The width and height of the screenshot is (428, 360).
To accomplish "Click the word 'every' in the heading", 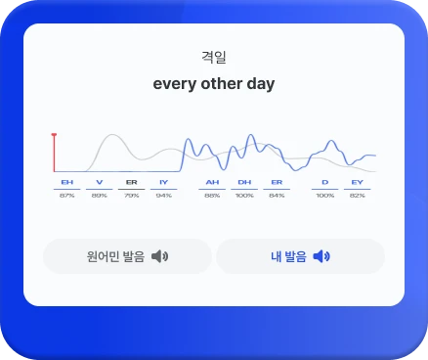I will [x=173, y=84].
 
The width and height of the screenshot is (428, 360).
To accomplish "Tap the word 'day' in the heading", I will [x=260, y=84].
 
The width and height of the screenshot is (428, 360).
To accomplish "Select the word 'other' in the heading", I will [x=219, y=84].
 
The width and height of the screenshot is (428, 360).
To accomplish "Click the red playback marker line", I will [x=54, y=153].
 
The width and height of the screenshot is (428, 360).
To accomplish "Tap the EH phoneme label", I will [x=66, y=183].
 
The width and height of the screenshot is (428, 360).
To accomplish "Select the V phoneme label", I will [x=99, y=183].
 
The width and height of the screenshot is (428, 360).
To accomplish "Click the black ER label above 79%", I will [x=131, y=183].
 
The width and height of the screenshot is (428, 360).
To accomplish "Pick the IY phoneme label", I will [x=163, y=183].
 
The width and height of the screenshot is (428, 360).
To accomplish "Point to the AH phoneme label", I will [x=212, y=183].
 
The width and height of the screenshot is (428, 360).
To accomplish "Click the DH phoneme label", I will [x=244, y=183].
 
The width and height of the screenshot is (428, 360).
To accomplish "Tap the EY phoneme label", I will [x=358, y=183].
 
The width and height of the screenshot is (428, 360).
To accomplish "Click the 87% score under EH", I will [x=66, y=196].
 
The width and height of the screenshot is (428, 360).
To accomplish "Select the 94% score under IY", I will [x=163, y=196].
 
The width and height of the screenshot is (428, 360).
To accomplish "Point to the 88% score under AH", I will [x=212, y=196].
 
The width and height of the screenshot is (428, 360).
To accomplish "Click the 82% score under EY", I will [x=358, y=196].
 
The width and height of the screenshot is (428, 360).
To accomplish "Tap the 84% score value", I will [x=277, y=196].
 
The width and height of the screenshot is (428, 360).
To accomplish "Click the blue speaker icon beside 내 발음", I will [x=321, y=256].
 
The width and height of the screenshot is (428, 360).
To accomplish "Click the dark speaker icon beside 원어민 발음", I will [x=160, y=256].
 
